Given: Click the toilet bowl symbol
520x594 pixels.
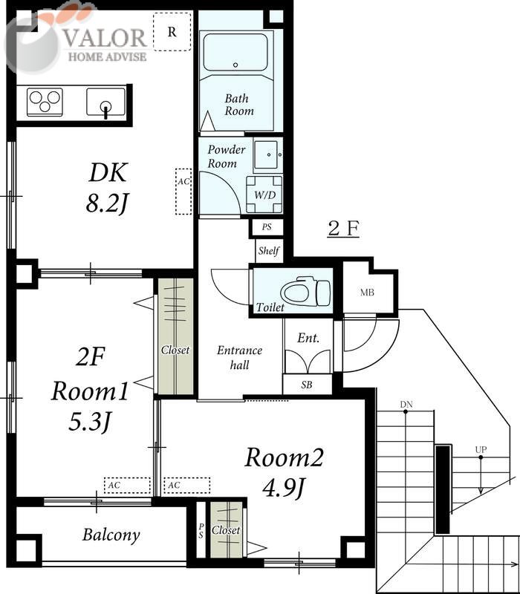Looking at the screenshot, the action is (305, 291).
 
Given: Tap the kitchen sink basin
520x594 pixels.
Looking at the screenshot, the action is (105, 102).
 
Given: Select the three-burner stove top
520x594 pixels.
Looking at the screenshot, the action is (45, 101).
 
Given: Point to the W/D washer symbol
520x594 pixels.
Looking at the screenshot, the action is (264, 195).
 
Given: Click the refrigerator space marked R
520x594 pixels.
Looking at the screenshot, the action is (172, 32).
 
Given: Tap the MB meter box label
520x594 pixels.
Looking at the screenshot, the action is (367, 293).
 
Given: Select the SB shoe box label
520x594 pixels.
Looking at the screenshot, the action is (307, 385).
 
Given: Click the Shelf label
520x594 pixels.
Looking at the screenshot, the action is (269, 250).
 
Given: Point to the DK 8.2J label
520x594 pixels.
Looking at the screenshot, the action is (108, 188).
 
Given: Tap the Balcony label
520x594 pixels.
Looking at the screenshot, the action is (111, 535).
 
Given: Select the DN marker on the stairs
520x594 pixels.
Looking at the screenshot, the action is (406, 405).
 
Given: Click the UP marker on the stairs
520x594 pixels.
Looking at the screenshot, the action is (481, 450).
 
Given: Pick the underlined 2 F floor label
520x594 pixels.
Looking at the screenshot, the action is (343, 229).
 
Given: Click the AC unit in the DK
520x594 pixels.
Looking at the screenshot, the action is (183, 192).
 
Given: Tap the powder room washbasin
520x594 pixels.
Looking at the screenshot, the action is (268, 155).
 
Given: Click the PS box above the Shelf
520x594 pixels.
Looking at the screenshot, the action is (267, 227).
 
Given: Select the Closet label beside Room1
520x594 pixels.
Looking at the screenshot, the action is (175, 350).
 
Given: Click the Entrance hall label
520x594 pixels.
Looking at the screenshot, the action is (239, 358).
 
